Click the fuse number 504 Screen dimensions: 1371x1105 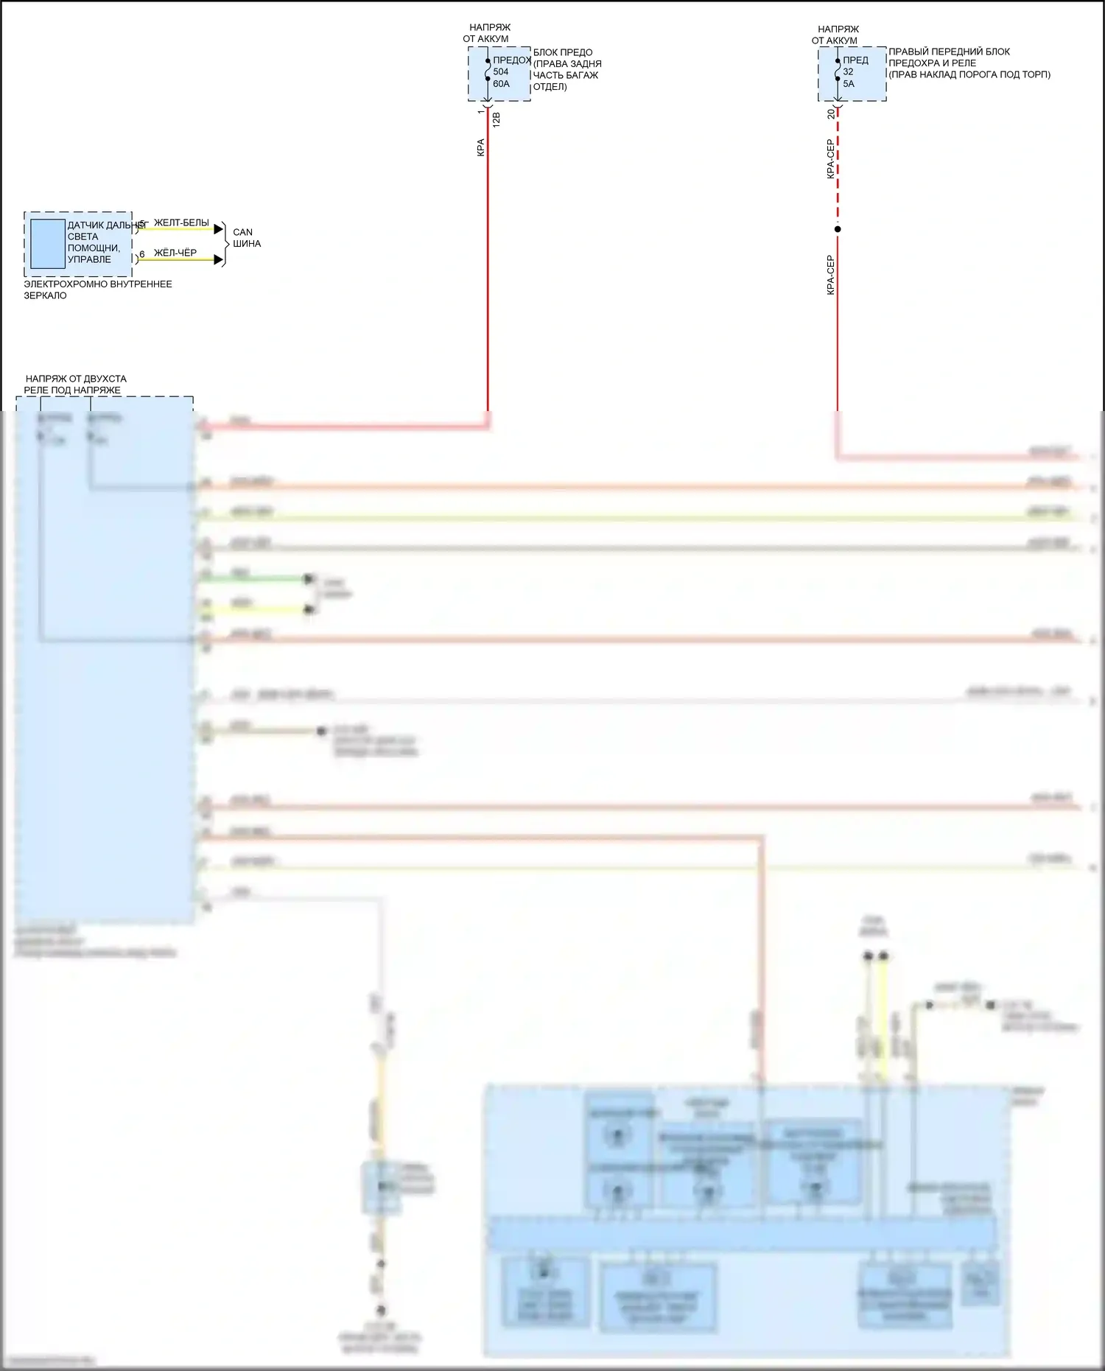(x=501, y=71)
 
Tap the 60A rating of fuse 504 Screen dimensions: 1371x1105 (x=501, y=84)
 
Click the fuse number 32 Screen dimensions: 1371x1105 (x=848, y=71)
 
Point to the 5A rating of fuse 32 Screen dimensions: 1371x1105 (x=849, y=84)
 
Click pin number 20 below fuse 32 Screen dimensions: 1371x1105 (x=832, y=112)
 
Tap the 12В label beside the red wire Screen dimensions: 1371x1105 (x=496, y=119)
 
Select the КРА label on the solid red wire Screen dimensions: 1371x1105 (x=480, y=147)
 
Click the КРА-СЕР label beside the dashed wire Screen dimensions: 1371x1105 (x=830, y=159)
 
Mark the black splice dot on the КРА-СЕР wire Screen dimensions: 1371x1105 (x=838, y=229)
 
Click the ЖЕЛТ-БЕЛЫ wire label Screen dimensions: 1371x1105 (x=181, y=222)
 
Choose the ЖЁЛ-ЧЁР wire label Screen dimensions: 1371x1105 (x=175, y=253)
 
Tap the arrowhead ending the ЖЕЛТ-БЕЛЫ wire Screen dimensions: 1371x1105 (x=218, y=229)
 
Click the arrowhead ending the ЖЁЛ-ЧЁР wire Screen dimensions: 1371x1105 (x=218, y=259)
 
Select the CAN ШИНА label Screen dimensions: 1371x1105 (x=246, y=238)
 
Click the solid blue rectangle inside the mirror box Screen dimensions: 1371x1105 (x=48, y=244)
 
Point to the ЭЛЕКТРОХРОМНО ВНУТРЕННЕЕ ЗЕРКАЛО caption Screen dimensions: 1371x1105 (x=97, y=290)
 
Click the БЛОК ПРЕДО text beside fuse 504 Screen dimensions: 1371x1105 (x=563, y=52)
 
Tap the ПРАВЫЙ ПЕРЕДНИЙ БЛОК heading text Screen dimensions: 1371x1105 (x=949, y=52)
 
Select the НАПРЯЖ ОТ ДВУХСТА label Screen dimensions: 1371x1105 (x=75, y=379)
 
